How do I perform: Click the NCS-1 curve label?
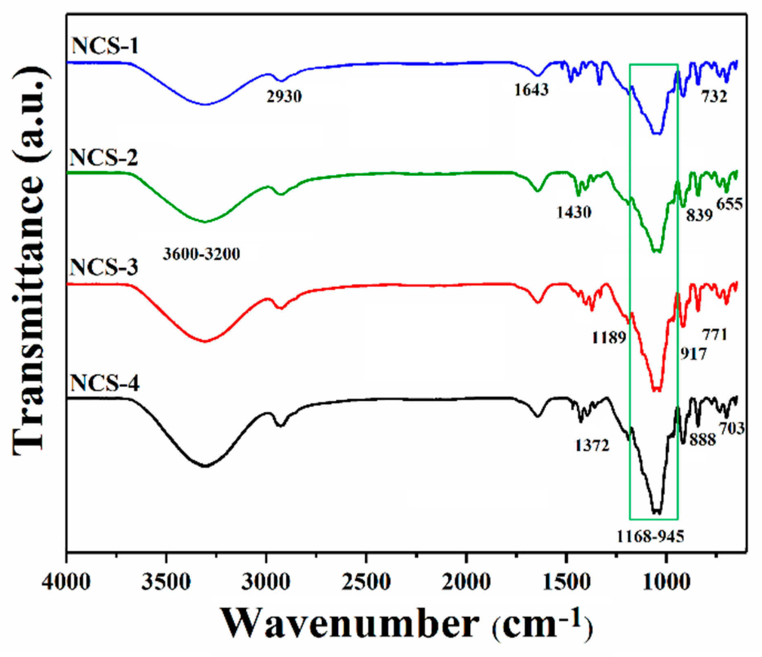click(105, 46)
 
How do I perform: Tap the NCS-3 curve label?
click(104, 268)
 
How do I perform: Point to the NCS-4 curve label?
click(105, 383)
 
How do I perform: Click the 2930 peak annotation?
click(284, 97)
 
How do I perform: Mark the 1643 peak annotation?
click(531, 89)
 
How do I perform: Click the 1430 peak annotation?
click(574, 212)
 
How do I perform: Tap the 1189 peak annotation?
click(608, 338)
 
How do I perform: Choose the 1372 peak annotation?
click(592, 446)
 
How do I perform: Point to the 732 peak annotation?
click(714, 97)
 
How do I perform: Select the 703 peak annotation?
click(732, 428)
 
